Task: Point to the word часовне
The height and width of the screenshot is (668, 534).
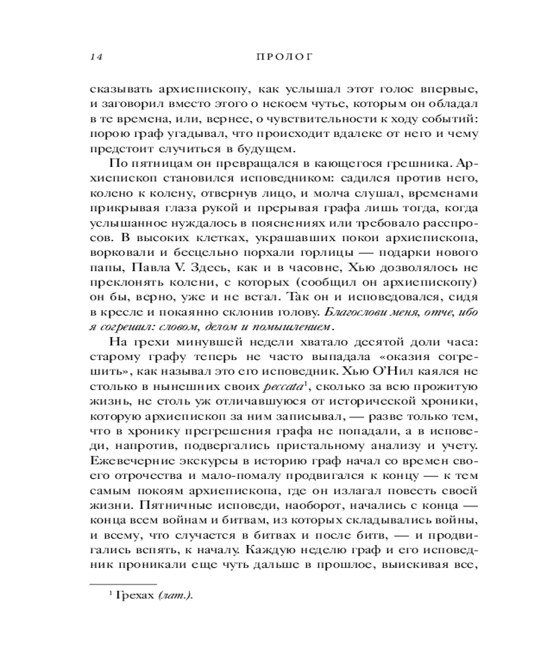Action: [x=290, y=269]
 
